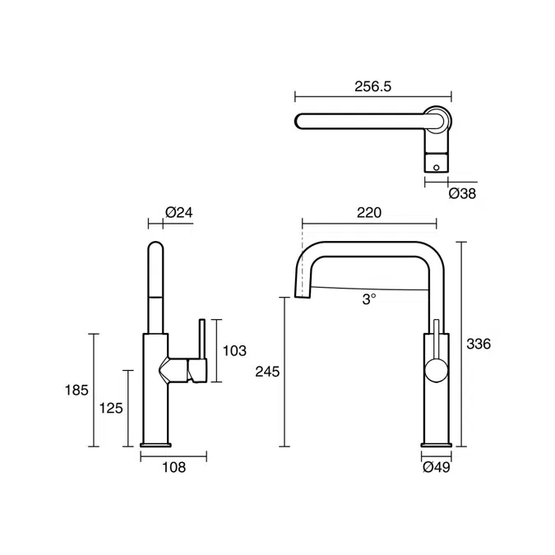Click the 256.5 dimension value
[x=373, y=86]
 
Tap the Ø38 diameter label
[x=462, y=193]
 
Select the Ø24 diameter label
[x=179, y=212]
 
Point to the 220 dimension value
[x=369, y=213]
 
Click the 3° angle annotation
[x=369, y=299]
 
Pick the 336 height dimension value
[x=479, y=344]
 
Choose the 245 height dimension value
[x=267, y=372]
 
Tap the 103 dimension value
[x=234, y=351]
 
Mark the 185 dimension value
[x=76, y=391]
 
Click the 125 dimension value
[x=111, y=409]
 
